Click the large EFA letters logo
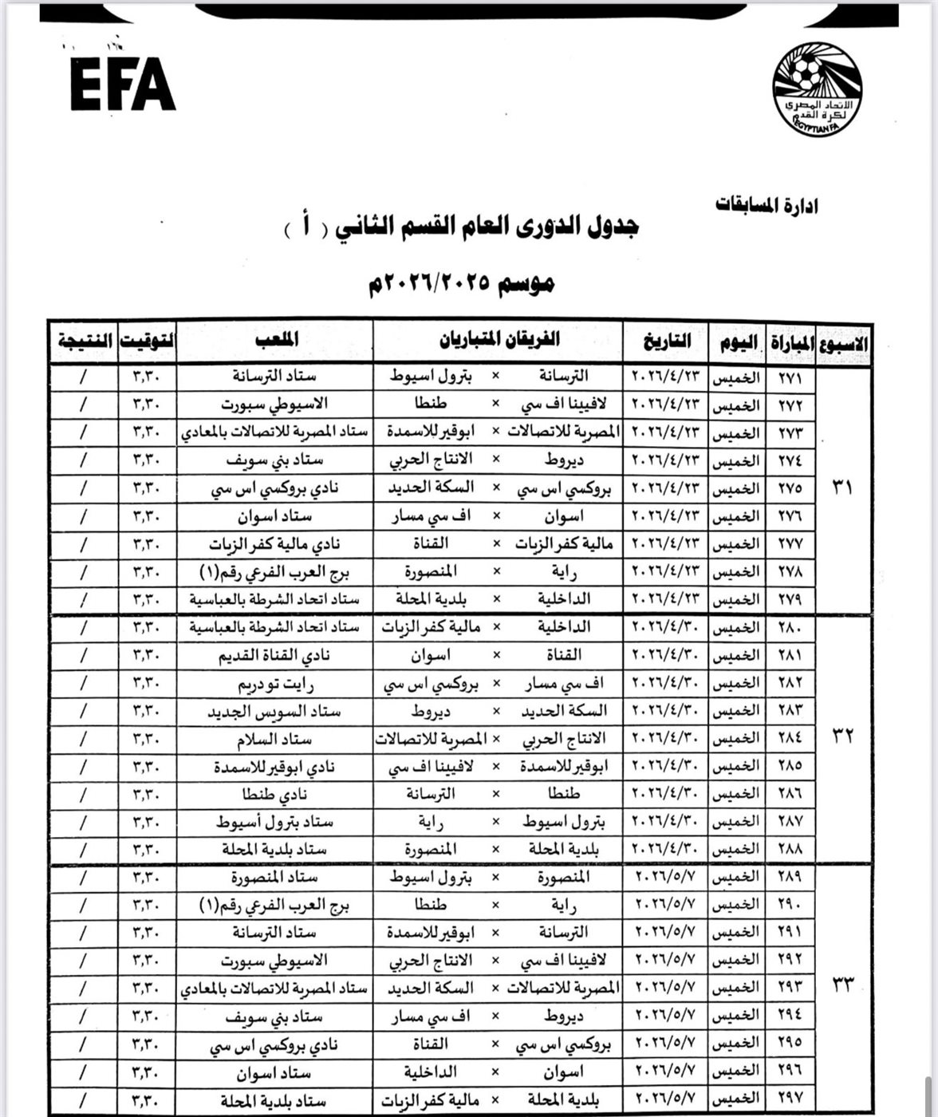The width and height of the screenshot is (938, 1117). pyautogui.click(x=123, y=83)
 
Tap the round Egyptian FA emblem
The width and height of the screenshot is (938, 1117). pyautogui.click(x=816, y=89)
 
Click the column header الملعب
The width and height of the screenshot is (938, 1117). pyautogui.click(x=275, y=341)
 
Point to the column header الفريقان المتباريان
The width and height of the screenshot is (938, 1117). pyautogui.click(x=499, y=341)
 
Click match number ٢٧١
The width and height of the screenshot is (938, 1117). pyautogui.click(x=789, y=377)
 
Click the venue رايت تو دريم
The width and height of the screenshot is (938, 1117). pyautogui.click(x=275, y=684)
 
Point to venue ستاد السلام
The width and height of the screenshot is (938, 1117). pyautogui.click(x=275, y=740)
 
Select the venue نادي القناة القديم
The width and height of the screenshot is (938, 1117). pyautogui.click(x=275, y=656)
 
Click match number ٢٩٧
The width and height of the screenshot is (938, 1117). pyautogui.click(x=789, y=1098)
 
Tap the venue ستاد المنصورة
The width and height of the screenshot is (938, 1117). pyautogui.click(x=275, y=878)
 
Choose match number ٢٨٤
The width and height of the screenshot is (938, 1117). pyautogui.click(x=789, y=739)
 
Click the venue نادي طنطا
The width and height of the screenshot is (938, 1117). pyautogui.click(x=275, y=795)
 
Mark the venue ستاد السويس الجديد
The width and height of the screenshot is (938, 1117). pyautogui.click(x=275, y=711)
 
